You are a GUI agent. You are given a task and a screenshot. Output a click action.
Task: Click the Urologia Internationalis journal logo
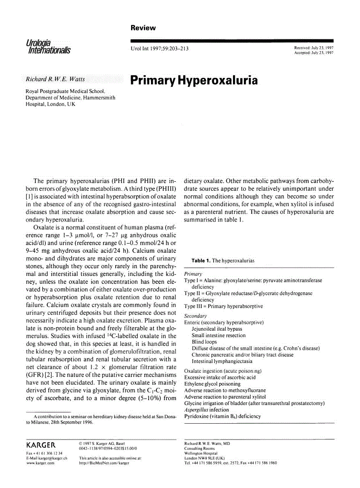[x=49, y=46]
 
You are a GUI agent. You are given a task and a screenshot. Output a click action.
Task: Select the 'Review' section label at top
[x=143, y=28]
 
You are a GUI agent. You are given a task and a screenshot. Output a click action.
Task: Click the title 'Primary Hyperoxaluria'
[x=194, y=81]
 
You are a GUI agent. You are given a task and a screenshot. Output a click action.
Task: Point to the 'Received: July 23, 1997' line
[x=314, y=48]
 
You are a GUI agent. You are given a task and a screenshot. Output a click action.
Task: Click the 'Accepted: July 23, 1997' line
[x=314, y=53]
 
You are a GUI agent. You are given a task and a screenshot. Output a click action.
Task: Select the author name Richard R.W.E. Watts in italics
[x=55, y=79]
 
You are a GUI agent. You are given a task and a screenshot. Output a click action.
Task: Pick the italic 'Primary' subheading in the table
[x=193, y=274]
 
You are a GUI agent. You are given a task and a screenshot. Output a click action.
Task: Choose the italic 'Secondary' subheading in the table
[x=195, y=316]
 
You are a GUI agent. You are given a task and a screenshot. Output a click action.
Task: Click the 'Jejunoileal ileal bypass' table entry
[x=217, y=329]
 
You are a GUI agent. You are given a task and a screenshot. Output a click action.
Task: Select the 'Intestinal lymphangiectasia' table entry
[x=222, y=362]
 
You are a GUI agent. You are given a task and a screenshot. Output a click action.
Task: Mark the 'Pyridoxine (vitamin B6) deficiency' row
[x=222, y=416]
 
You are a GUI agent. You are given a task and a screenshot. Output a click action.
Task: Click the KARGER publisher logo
[x=41, y=445]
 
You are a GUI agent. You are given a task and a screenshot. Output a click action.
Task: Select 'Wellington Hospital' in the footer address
[x=201, y=453]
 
